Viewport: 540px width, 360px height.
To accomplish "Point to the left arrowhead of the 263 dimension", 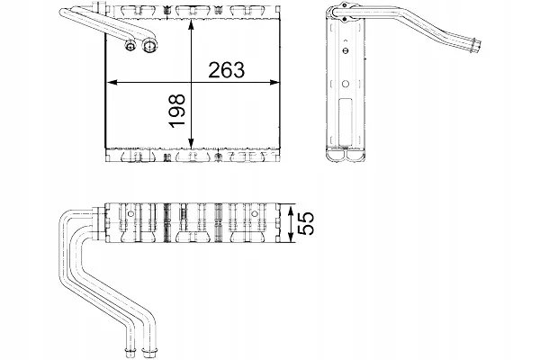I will click(x=111, y=83).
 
